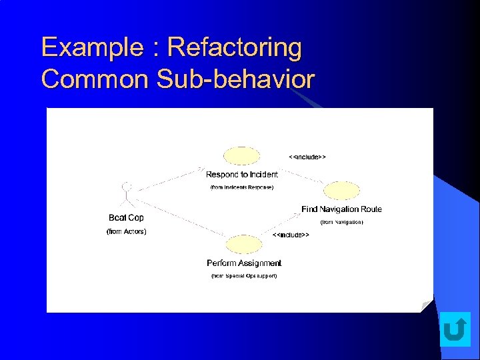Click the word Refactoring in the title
click(x=234, y=48)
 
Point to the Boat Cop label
click(x=126, y=218)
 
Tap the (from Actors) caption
click(x=126, y=231)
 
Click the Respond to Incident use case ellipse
click(x=241, y=156)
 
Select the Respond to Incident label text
click(x=241, y=175)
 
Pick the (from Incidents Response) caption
click(x=241, y=187)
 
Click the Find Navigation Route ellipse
click(x=341, y=191)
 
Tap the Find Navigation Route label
click(x=341, y=209)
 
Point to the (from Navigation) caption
click(x=341, y=222)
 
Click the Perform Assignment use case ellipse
click(x=243, y=244)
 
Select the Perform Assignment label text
click(x=244, y=263)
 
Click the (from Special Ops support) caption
click(x=244, y=275)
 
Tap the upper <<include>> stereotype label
click(x=307, y=157)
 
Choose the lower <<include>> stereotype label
click(x=291, y=235)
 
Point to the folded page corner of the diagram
click(x=426, y=306)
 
